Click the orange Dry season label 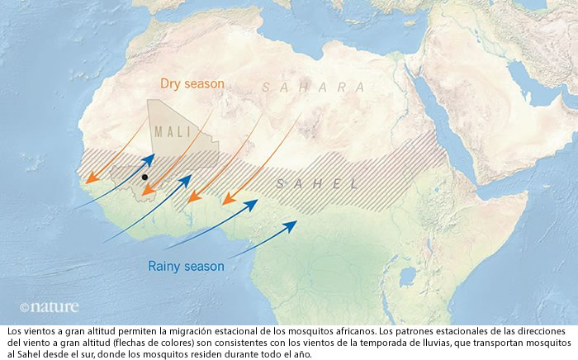click(192, 83)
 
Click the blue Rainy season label click(186, 266)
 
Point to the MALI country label click(173, 131)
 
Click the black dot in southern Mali click(145, 177)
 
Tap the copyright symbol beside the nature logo click(25, 307)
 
